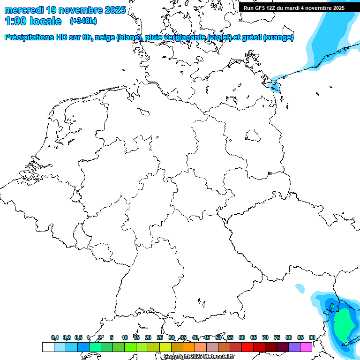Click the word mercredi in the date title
coord(24,10)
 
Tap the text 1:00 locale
coord(33,21)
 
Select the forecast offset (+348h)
coord(83,21)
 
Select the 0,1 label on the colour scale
coord(54,337)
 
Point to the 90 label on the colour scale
coord(312,337)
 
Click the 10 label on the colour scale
coord(125,337)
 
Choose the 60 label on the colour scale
coord(242,337)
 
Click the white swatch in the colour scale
coord(48,347)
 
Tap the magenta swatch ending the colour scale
coord(306,347)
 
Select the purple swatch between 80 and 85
coord(294,347)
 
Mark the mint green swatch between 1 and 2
coord(95,347)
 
